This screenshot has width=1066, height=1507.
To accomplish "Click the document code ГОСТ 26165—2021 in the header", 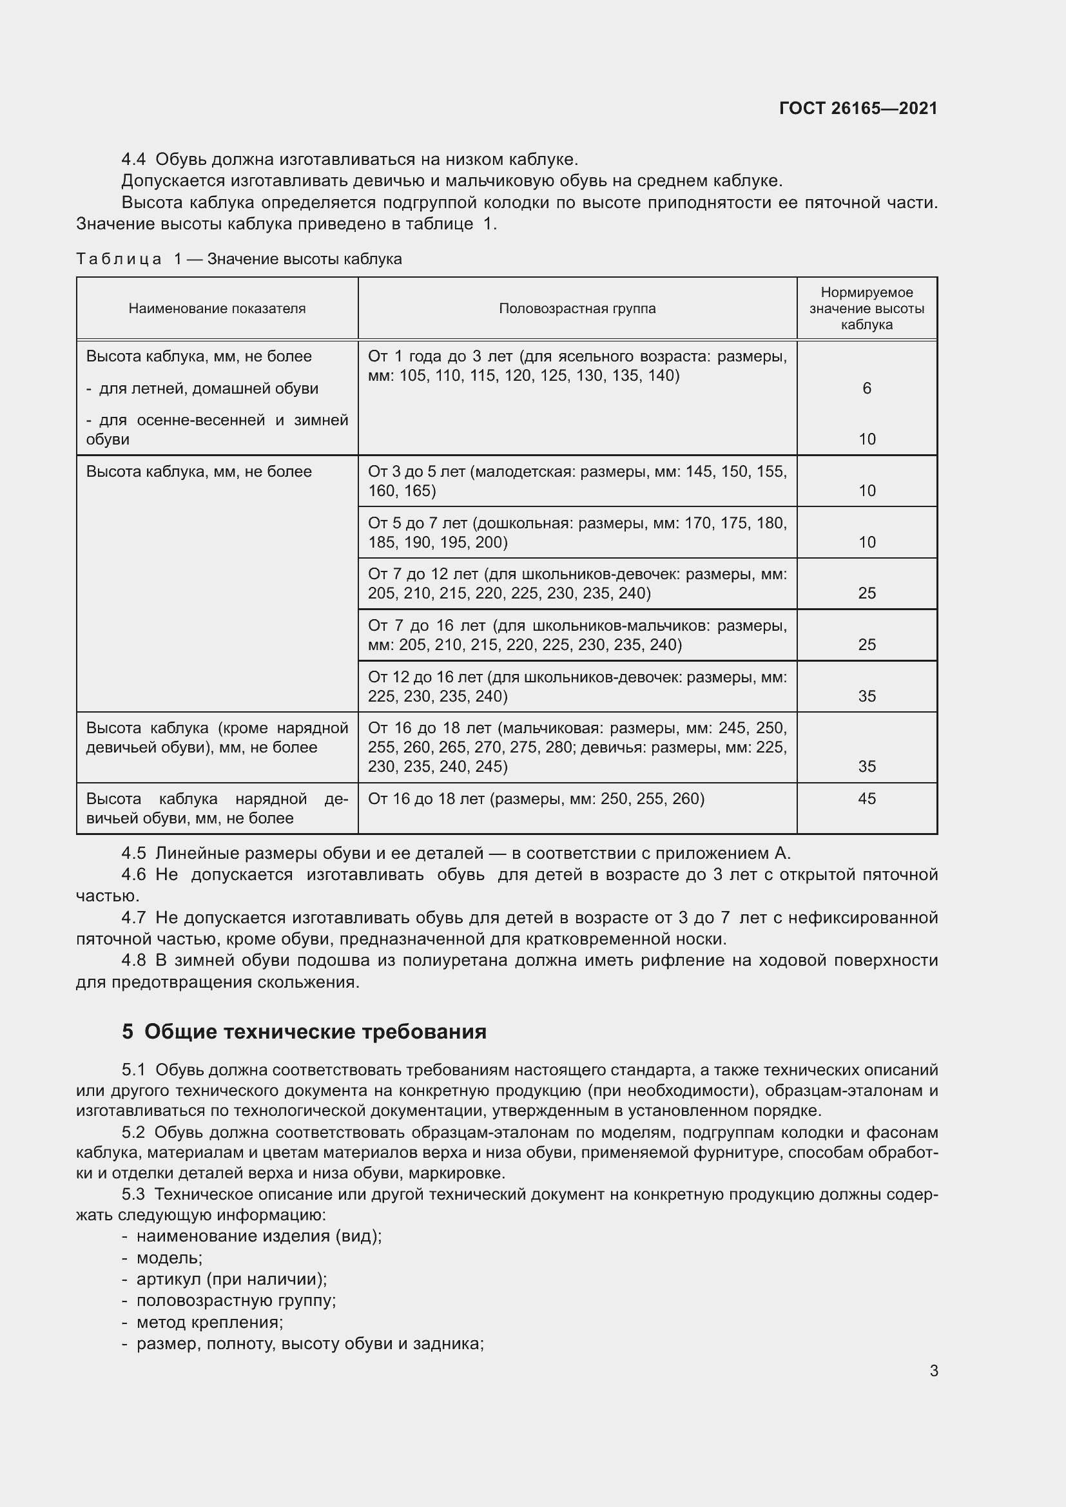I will (858, 108).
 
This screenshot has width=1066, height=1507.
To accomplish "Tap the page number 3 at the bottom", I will (933, 1370).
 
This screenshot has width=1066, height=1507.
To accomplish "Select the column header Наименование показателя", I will (217, 309).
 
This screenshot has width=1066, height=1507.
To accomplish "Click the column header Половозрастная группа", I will (577, 309).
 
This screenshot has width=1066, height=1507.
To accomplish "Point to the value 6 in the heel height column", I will (866, 389).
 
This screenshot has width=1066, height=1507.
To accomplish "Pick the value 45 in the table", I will (866, 799).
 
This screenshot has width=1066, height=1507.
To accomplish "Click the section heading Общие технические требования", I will (315, 1032).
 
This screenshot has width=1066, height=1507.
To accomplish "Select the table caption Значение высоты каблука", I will (305, 259).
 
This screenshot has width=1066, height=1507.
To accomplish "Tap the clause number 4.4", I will (134, 160).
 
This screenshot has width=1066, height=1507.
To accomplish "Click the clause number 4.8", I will (134, 961).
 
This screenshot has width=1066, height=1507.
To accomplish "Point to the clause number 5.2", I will (134, 1133).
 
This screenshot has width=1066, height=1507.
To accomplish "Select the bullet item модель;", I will (170, 1258).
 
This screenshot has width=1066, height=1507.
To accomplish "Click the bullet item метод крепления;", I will (209, 1322).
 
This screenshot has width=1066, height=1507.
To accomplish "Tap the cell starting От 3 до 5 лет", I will (577, 481).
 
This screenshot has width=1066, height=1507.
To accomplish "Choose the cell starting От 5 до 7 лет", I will (577, 532).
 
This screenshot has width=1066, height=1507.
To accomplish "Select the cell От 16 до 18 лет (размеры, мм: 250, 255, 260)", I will (536, 799).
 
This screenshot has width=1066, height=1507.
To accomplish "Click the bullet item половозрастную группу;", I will (236, 1300).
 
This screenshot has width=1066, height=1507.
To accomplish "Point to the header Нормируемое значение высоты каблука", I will (866, 309).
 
